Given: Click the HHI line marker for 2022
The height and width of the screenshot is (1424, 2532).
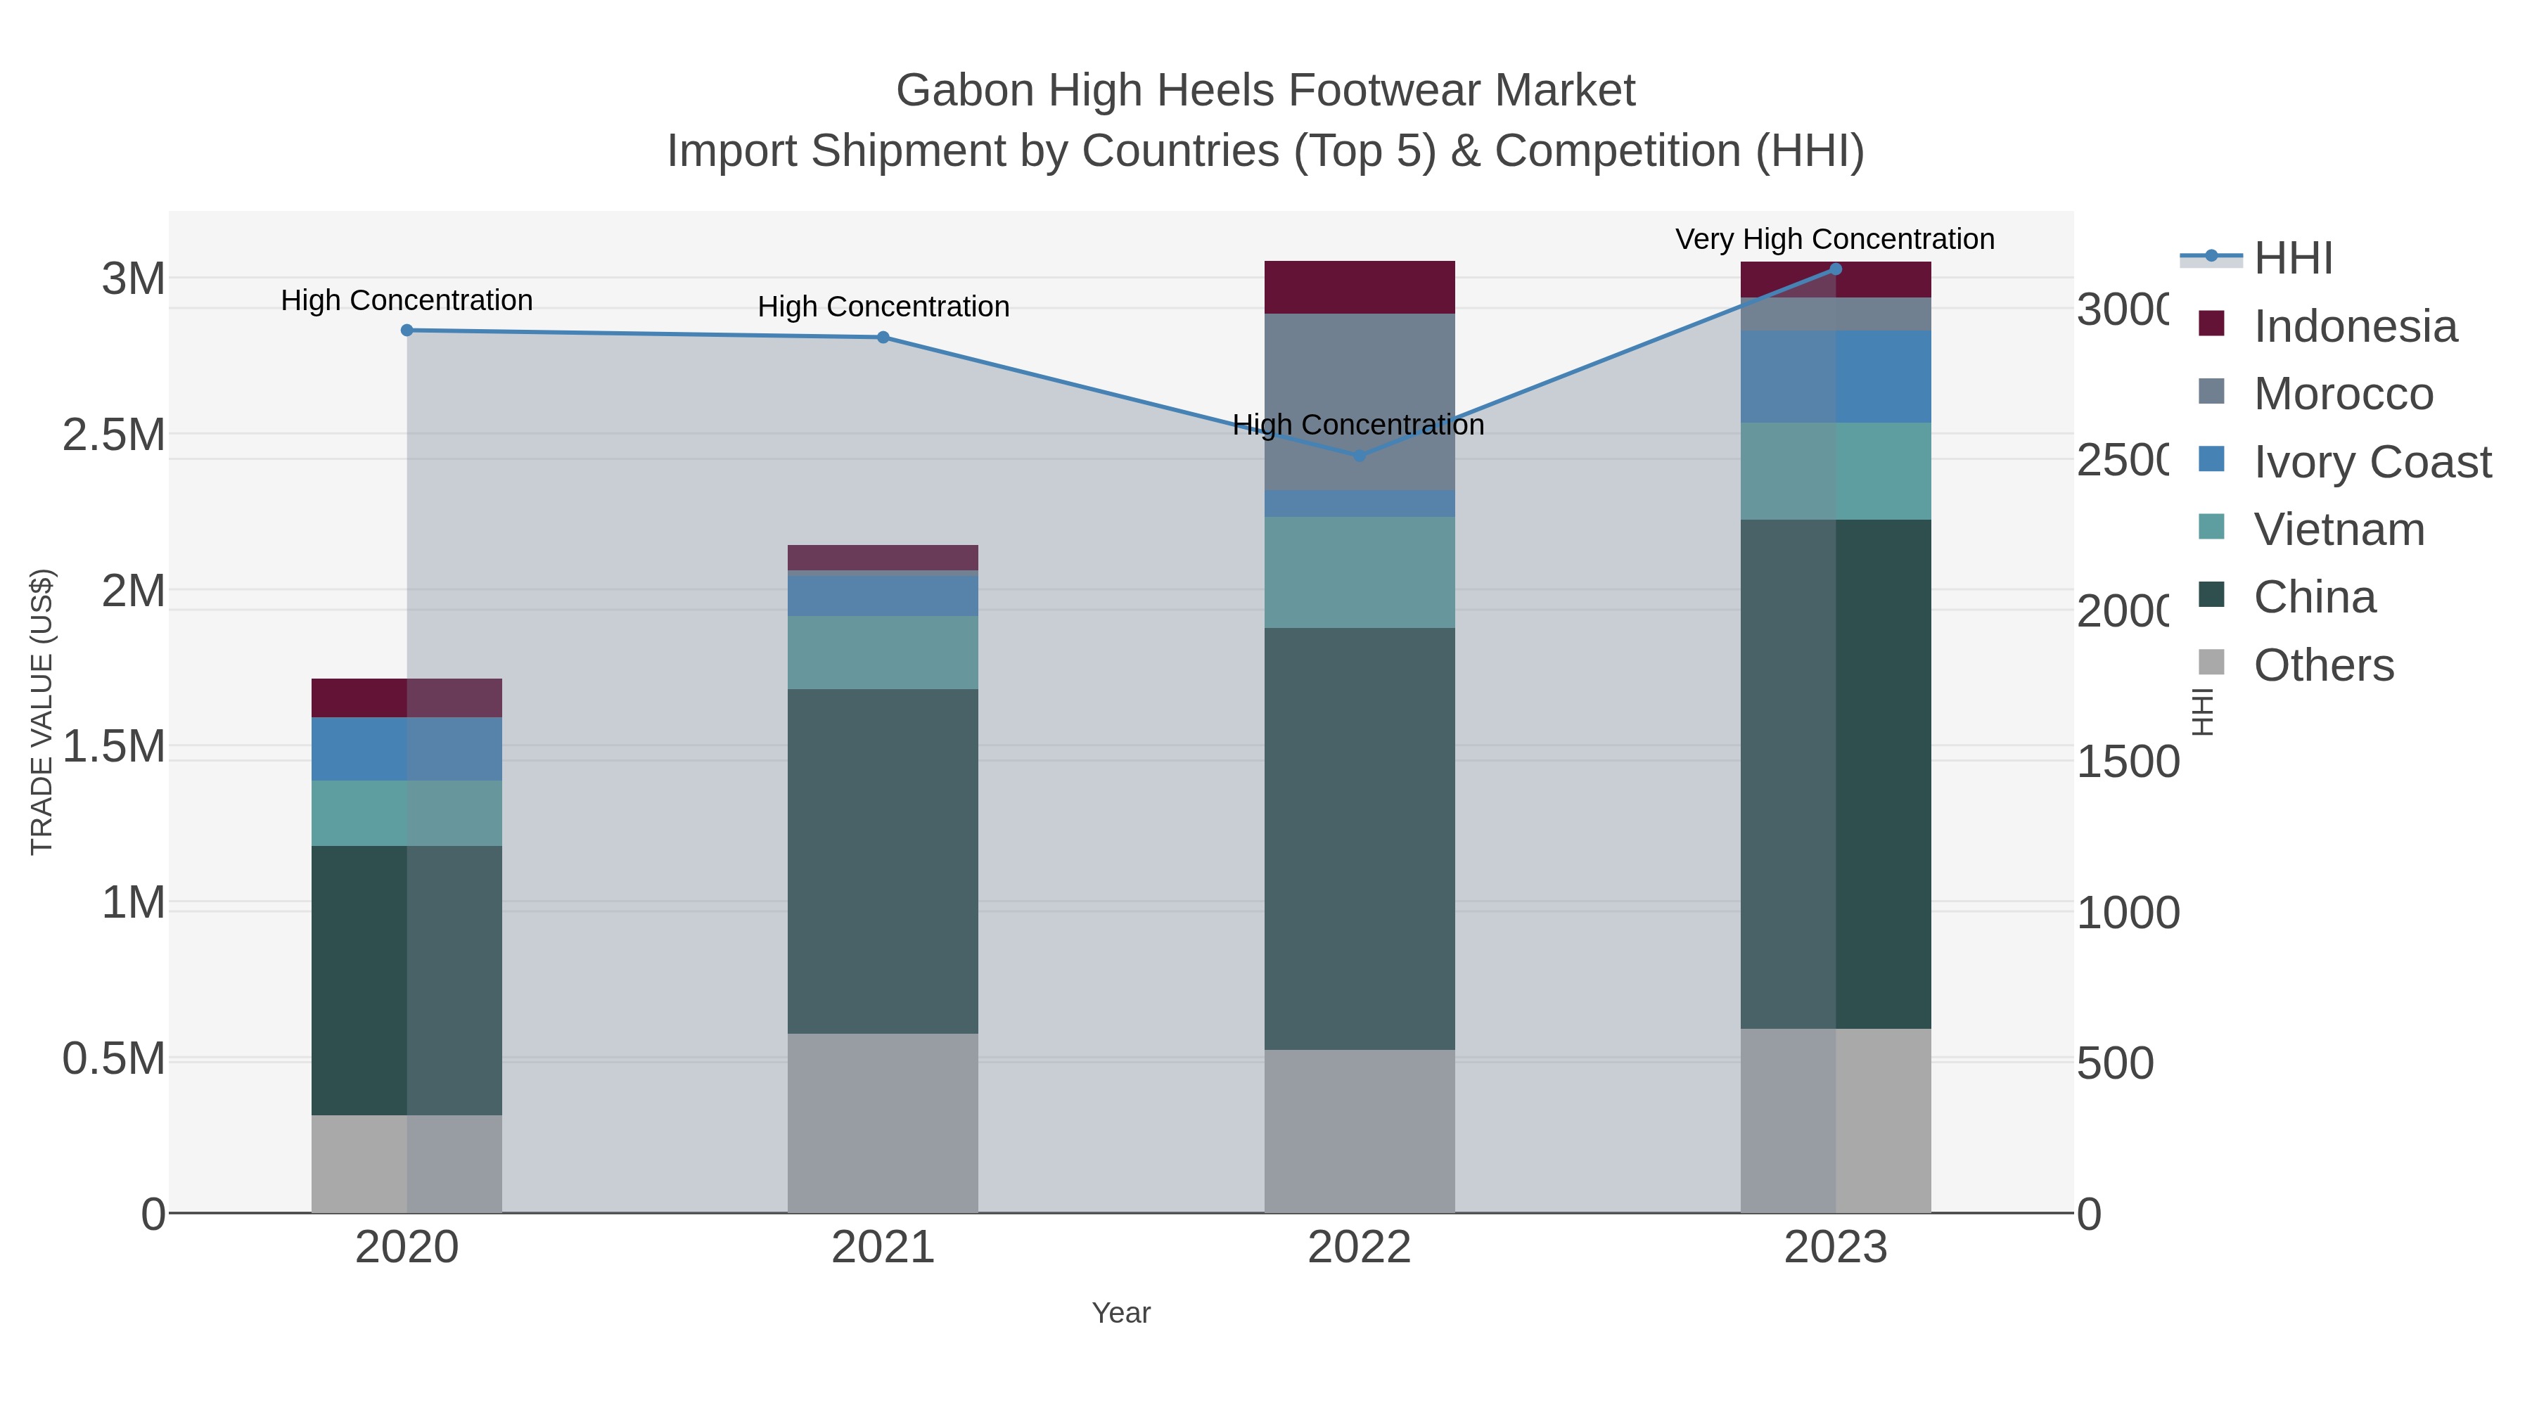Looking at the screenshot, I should click(x=1360, y=456).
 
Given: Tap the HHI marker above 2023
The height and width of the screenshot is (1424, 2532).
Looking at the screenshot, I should click(x=1835, y=269).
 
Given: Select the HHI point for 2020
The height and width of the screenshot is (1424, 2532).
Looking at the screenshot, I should click(x=407, y=331).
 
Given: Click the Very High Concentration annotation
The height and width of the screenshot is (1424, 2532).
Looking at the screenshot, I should click(x=1834, y=239).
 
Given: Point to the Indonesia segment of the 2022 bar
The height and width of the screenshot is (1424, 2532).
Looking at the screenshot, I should click(x=1360, y=287).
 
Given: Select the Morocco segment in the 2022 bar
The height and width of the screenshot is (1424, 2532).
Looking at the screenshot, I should click(x=1360, y=401).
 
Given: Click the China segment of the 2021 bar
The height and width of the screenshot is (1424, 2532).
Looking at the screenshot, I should click(x=883, y=860).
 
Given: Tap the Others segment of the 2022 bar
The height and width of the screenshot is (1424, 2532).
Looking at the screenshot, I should click(x=1360, y=1130).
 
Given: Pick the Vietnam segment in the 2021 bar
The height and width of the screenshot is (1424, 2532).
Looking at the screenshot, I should click(x=883, y=653).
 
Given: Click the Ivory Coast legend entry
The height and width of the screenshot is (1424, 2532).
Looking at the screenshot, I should click(x=2372, y=462).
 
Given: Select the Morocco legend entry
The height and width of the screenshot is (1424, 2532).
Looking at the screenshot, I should click(x=2344, y=394).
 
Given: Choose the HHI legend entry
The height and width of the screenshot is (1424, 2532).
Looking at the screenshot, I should click(x=2292, y=259).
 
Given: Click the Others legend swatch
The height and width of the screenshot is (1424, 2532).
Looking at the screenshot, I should click(x=2211, y=663).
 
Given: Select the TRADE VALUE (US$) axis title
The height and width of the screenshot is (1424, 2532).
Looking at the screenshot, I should click(x=42, y=712).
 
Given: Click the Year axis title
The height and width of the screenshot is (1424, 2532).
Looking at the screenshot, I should click(x=1120, y=1313).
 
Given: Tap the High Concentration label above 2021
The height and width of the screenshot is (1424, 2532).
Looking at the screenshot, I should click(x=883, y=307).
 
